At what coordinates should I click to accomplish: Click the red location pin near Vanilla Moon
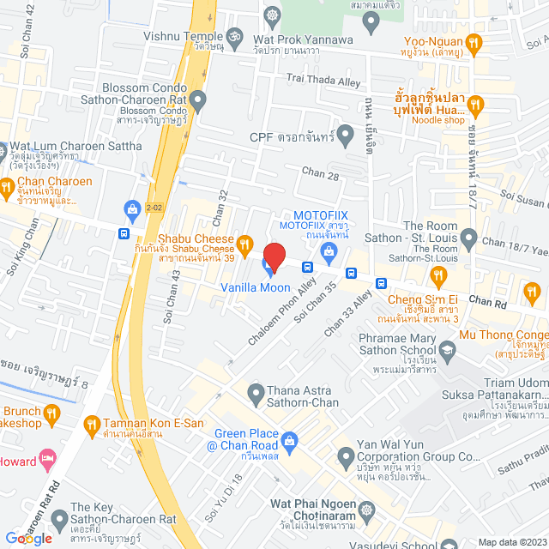(x=274, y=256)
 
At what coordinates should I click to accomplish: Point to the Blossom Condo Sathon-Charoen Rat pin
(x=198, y=101)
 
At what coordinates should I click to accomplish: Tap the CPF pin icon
(x=346, y=134)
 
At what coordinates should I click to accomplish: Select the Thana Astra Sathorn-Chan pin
(x=256, y=395)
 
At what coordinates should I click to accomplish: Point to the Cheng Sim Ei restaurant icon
(x=438, y=275)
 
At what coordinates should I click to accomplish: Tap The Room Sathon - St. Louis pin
(x=468, y=237)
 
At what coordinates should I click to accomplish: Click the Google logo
(x=28, y=538)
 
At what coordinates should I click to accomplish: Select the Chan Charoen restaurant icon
(x=8, y=186)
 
